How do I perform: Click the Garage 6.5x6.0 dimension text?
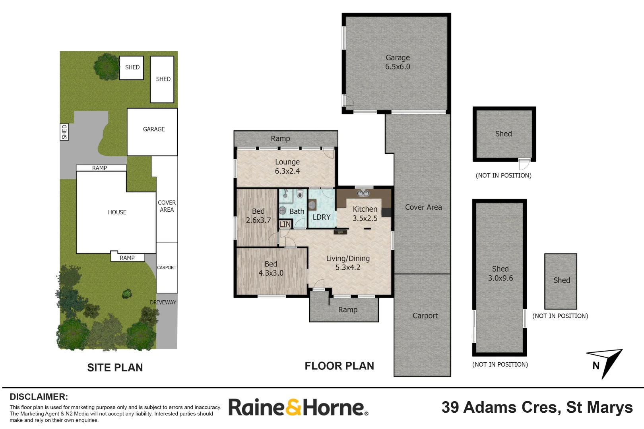click(x=398, y=67)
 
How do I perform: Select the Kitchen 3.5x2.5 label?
click(x=365, y=213)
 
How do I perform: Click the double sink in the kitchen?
click(x=363, y=193)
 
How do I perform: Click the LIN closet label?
click(x=285, y=224)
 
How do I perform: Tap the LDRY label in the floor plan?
click(x=321, y=217)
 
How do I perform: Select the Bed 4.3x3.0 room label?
click(x=271, y=269)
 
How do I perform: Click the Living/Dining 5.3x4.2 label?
click(x=348, y=263)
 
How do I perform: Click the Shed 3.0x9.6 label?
click(x=500, y=273)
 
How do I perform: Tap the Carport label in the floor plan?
click(x=425, y=316)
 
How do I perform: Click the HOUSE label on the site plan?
click(x=117, y=213)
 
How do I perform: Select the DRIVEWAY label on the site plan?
click(x=163, y=302)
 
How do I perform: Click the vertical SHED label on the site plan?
click(x=64, y=132)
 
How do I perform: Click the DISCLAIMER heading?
click(x=39, y=397)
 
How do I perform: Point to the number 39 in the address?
click(x=450, y=408)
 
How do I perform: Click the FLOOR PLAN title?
click(x=339, y=366)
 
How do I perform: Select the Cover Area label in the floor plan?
click(x=423, y=207)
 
